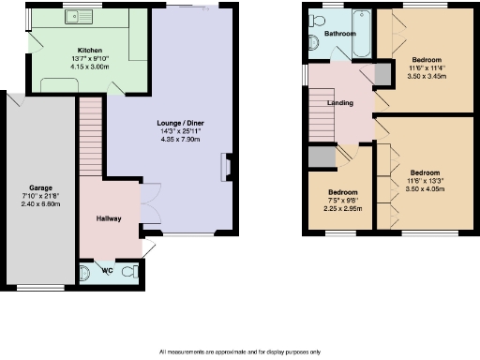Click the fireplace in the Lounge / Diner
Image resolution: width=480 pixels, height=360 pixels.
click(225, 166)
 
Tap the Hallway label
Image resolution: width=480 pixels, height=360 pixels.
click(109, 218)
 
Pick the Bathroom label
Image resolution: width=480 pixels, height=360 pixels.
click(340, 34)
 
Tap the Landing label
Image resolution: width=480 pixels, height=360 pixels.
click(339, 103)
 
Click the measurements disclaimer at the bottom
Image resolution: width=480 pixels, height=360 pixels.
click(240, 352)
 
